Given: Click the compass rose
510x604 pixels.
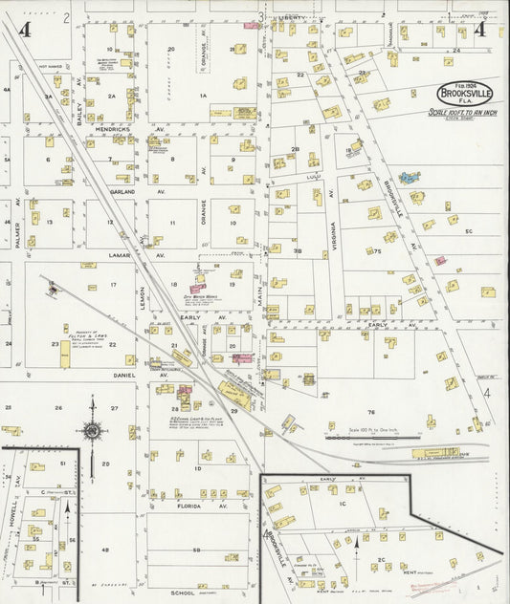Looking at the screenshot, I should pos(92,430).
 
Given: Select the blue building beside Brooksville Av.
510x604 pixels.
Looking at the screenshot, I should pos(410,178).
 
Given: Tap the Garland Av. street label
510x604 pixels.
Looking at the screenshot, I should pos(122,191).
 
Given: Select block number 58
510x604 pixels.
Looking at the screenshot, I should pos(196,550).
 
